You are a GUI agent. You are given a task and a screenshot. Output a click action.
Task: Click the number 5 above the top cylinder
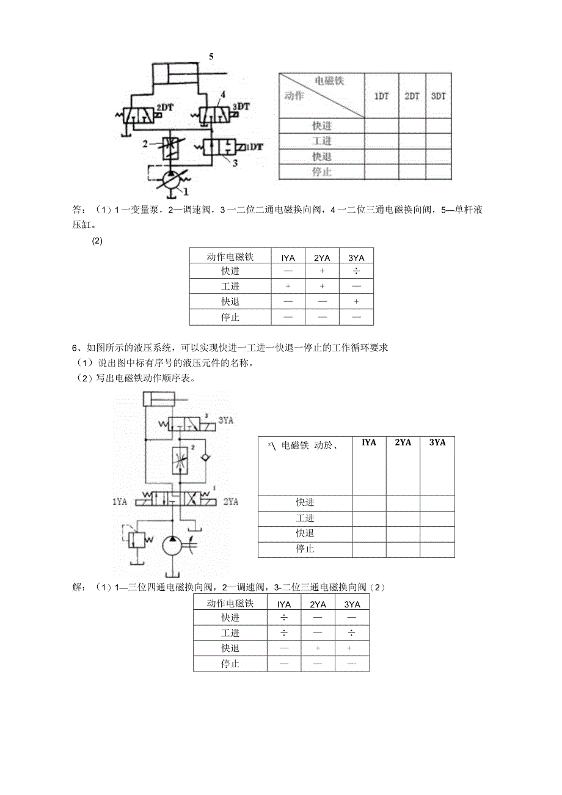211,57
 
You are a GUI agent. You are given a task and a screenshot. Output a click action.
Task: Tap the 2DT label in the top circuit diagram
165,107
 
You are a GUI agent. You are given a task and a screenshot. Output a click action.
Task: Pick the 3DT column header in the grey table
438,97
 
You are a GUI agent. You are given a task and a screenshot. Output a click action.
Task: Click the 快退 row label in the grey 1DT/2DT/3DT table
321,156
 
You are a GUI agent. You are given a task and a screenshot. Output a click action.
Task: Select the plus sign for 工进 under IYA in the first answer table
288,286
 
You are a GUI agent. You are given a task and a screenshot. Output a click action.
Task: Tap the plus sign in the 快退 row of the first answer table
356,301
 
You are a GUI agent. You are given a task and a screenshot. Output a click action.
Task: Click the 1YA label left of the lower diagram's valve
120,502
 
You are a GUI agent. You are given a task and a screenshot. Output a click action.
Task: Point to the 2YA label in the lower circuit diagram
231,502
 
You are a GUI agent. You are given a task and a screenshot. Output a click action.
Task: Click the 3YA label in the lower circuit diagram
226,420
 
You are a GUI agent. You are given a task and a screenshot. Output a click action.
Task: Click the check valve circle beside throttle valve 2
206,458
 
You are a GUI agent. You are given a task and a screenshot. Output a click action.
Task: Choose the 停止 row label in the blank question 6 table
305,549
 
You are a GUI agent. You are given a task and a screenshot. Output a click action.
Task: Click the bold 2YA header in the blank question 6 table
403,442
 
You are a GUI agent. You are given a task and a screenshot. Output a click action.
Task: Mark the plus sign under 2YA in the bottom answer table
318,648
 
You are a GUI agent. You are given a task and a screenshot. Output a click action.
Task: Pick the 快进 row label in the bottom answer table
230,618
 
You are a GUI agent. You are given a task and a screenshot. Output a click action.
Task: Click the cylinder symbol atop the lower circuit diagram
158,400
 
